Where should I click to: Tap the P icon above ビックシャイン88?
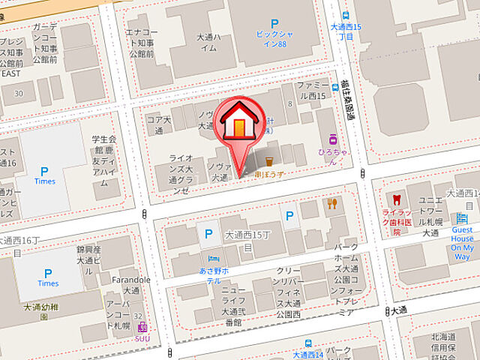274,25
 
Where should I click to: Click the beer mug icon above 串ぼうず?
269,160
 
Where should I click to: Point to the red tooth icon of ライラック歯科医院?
397,200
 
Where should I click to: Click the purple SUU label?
141,338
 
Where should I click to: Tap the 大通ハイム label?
208,42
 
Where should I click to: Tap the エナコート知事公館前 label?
142,42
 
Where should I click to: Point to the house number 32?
137,316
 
